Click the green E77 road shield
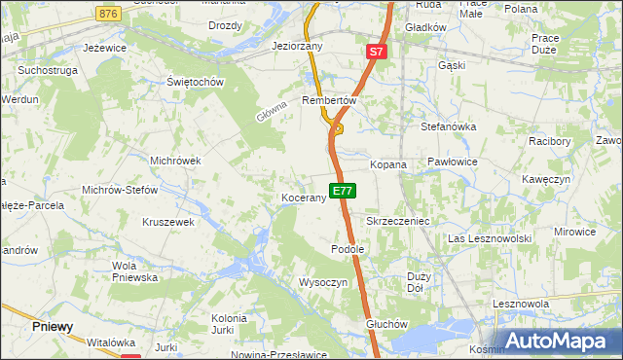(x=341, y=192)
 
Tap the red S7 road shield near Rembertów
(x=378, y=51)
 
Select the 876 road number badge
(x=109, y=13)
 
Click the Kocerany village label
(x=303, y=198)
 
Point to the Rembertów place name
(x=331, y=100)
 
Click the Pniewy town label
(x=52, y=327)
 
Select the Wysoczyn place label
(x=323, y=282)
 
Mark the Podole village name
(x=348, y=249)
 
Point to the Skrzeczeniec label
(x=397, y=222)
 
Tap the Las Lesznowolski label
(x=489, y=238)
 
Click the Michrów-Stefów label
(x=120, y=191)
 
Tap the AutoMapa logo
(x=557, y=341)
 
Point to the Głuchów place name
(x=384, y=324)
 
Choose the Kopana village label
(x=387, y=165)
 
